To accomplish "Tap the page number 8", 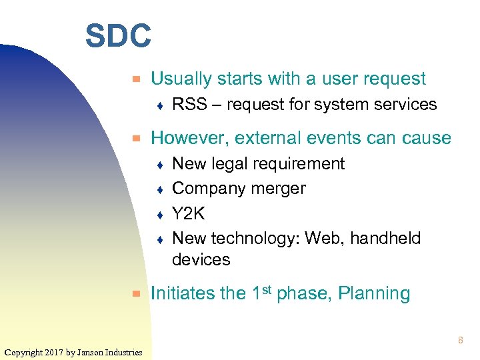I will click(460, 341).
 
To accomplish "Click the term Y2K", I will click(189, 213).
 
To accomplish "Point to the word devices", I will click(201, 260).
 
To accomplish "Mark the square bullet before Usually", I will click(136, 79).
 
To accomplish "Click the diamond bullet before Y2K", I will click(160, 214).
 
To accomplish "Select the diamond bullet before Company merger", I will click(160, 189).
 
